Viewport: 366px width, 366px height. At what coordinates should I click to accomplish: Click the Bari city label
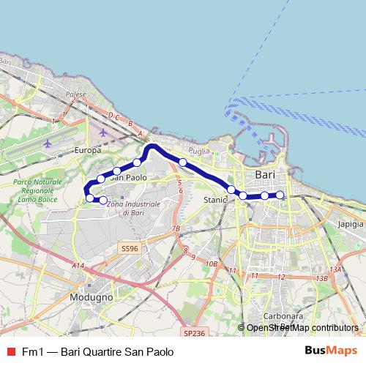click(x=264, y=176)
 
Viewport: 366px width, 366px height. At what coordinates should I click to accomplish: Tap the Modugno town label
click(x=91, y=298)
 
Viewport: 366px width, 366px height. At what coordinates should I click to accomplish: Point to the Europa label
click(x=88, y=150)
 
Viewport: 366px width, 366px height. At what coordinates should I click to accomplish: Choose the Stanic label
click(x=215, y=198)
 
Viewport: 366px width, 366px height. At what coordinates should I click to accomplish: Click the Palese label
click(x=75, y=95)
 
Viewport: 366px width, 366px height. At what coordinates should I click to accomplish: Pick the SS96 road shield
click(x=129, y=249)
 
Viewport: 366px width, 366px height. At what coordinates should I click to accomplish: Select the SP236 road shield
click(x=194, y=333)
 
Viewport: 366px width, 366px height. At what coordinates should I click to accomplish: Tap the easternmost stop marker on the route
click(x=280, y=195)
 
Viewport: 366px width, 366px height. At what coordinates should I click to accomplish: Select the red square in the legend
click(x=10, y=352)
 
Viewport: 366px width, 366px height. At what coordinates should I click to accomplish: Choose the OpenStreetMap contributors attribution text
click(x=302, y=329)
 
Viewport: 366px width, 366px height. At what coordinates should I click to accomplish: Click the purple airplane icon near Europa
click(x=102, y=133)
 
